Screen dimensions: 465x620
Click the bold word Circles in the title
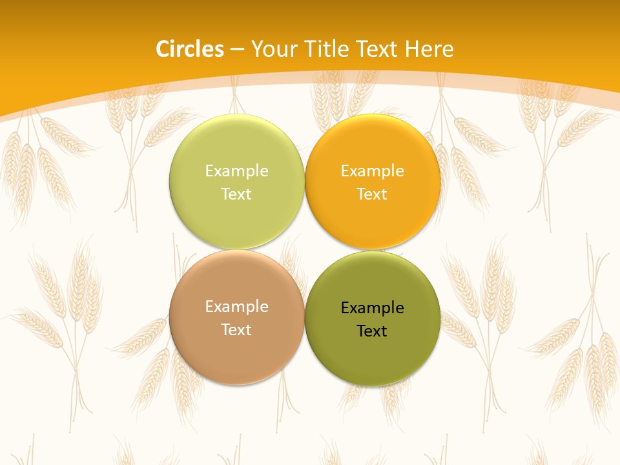[190, 49]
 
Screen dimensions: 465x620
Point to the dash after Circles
[237, 50]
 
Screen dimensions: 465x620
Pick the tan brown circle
[236, 349]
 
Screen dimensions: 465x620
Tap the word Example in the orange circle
[372, 171]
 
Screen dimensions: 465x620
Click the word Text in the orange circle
[372, 194]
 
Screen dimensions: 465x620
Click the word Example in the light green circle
[236, 171]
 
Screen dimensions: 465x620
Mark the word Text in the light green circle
[236, 194]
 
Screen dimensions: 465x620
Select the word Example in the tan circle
[236, 307]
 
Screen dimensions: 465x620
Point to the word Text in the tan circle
[236, 329]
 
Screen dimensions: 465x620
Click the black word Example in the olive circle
[372, 308]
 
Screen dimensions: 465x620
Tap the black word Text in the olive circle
[372, 331]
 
